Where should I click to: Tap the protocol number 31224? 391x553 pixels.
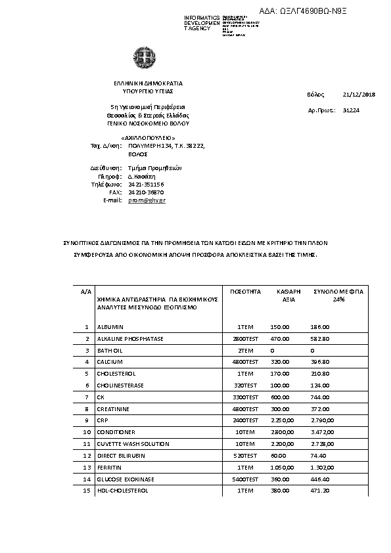pos(351,111)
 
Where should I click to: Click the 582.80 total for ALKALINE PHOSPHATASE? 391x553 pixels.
pos(320,338)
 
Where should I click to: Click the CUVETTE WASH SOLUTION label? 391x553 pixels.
pos(133,444)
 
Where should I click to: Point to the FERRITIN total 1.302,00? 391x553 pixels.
pos(323,468)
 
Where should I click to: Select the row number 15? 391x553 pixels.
pos(86,491)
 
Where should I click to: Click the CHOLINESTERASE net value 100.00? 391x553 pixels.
pos(280,385)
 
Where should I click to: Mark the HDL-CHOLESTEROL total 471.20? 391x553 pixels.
pos(320,491)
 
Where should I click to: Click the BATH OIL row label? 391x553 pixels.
pos(110,350)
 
